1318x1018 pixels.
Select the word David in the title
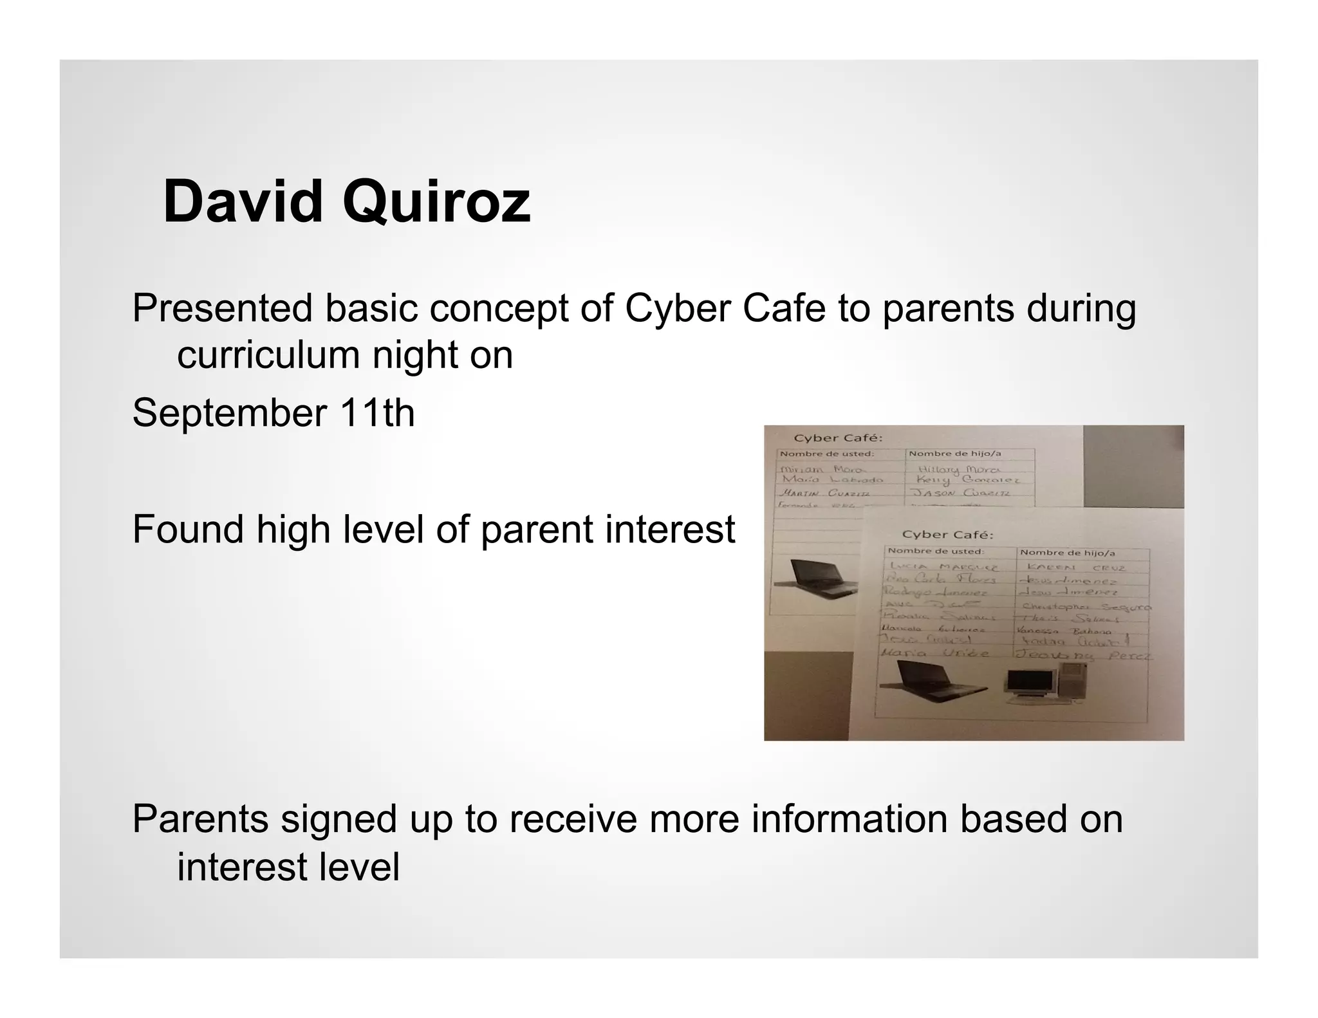[243, 202]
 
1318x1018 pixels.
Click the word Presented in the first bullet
[222, 308]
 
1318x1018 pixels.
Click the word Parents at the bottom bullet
[200, 819]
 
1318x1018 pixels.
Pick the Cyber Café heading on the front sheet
[947, 535]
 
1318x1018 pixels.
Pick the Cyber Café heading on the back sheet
[838, 438]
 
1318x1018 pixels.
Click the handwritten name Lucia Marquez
[943, 567]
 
